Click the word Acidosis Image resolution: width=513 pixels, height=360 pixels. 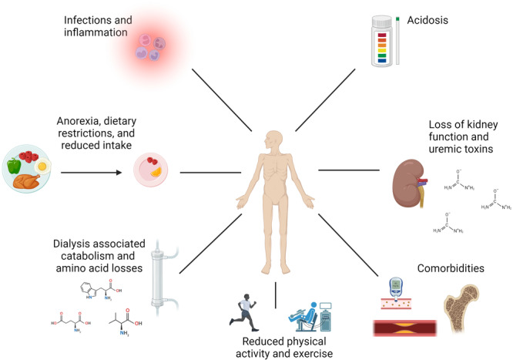[427, 20]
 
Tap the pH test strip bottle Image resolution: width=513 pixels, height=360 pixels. [381, 42]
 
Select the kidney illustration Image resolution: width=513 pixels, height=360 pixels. [409, 183]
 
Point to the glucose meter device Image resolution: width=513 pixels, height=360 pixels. [396, 288]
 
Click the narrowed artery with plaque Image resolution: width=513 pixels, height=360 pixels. [405, 328]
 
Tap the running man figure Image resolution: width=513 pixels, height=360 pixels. [243, 312]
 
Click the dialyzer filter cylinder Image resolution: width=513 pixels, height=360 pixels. [157, 278]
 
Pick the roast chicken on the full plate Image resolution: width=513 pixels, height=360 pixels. [27, 180]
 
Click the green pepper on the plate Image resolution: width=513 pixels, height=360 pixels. [13, 166]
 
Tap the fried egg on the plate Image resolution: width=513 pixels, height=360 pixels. [42, 166]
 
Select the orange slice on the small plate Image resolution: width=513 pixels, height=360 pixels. [156, 172]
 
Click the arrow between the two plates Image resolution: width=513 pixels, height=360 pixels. [92, 173]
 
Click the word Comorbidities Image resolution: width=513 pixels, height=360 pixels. [451, 268]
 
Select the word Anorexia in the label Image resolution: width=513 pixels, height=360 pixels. [78, 121]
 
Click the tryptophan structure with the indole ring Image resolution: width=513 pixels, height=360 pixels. [101, 291]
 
